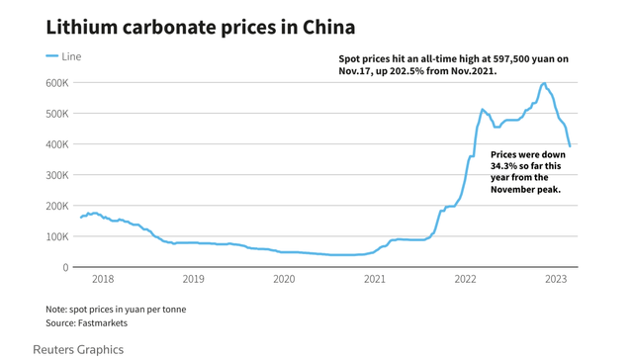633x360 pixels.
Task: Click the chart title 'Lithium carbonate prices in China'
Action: coord(201,27)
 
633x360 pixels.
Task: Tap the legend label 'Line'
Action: coord(71,56)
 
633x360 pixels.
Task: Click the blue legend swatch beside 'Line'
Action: coord(52,56)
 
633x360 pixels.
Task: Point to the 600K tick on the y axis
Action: coord(56,83)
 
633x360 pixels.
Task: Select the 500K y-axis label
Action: coord(56,114)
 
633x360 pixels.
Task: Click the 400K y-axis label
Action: coord(56,144)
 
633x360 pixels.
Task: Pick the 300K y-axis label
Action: coord(56,175)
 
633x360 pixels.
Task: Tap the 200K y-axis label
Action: coord(56,206)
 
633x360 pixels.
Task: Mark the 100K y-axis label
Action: coord(56,236)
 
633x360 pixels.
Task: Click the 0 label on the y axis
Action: coord(65,267)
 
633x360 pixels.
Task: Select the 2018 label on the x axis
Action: coord(102,280)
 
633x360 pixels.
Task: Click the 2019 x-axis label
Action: coord(193,280)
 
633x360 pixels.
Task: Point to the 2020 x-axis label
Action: coord(284,280)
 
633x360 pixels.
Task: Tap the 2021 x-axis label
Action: coord(375,280)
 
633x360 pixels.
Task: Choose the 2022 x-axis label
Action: coord(466,280)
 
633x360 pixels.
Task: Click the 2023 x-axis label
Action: coord(556,280)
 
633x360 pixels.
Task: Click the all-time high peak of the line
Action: coord(543,84)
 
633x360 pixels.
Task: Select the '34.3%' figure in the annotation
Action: coord(505,166)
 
